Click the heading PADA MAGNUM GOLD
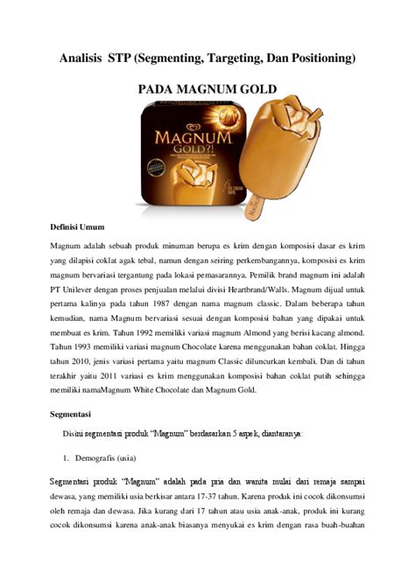pyautogui.click(x=207, y=90)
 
